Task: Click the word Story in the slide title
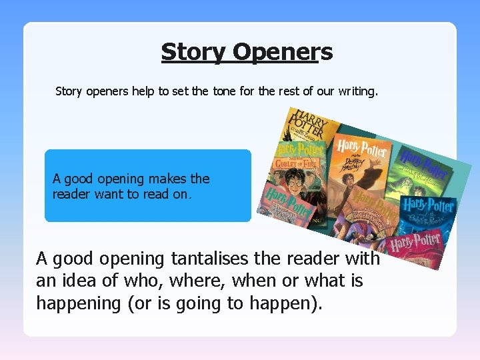193,51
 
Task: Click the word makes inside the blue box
169,179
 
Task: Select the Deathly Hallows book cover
357,167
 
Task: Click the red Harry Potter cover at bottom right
417,247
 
